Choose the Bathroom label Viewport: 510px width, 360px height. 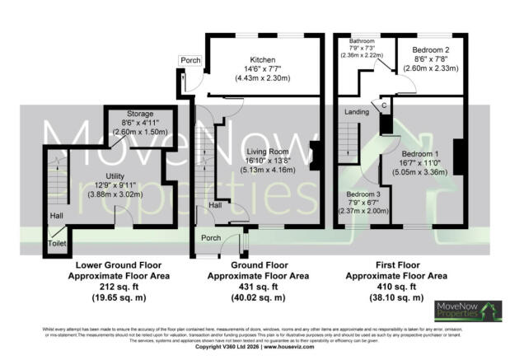click(362, 41)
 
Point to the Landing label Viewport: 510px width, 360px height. click(357, 112)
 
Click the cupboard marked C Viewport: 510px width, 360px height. click(384, 106)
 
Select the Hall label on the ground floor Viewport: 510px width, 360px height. click(214, 204)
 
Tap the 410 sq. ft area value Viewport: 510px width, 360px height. click(395, 288)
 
